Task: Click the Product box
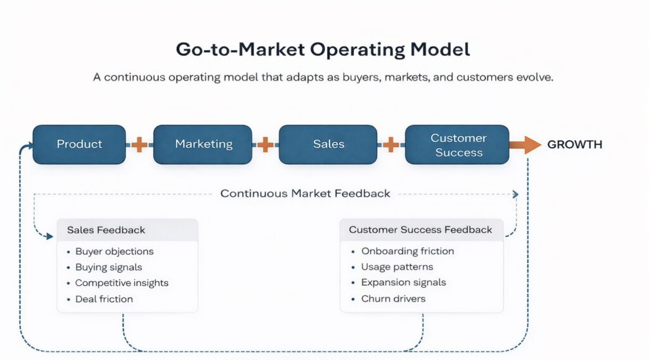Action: tap(79, 145)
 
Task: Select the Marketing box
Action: tap(203, 145)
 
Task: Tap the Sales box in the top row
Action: tap(328, 145)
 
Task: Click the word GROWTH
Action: tap(574, 145)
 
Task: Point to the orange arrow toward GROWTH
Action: tap(524, 145)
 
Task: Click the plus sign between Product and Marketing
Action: tap(139, 145)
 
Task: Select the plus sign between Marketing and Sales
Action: tap(266, 145)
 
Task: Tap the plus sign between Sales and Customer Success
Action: tap(391, 145)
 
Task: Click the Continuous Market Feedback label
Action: tap(305, 193)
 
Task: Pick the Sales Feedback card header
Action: tap(106, 230)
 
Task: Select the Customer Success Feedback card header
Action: tap(420, 230)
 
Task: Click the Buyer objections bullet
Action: tap(114, 252)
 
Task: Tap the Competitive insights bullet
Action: tap(122, 283)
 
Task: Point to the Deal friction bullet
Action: tap(104, 299)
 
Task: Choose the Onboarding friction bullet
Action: tap(408, 252)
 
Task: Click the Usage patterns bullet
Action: tap(397, 267)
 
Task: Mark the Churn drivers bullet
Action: tap(393, 299)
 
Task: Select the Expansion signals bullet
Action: tap(403, 283)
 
